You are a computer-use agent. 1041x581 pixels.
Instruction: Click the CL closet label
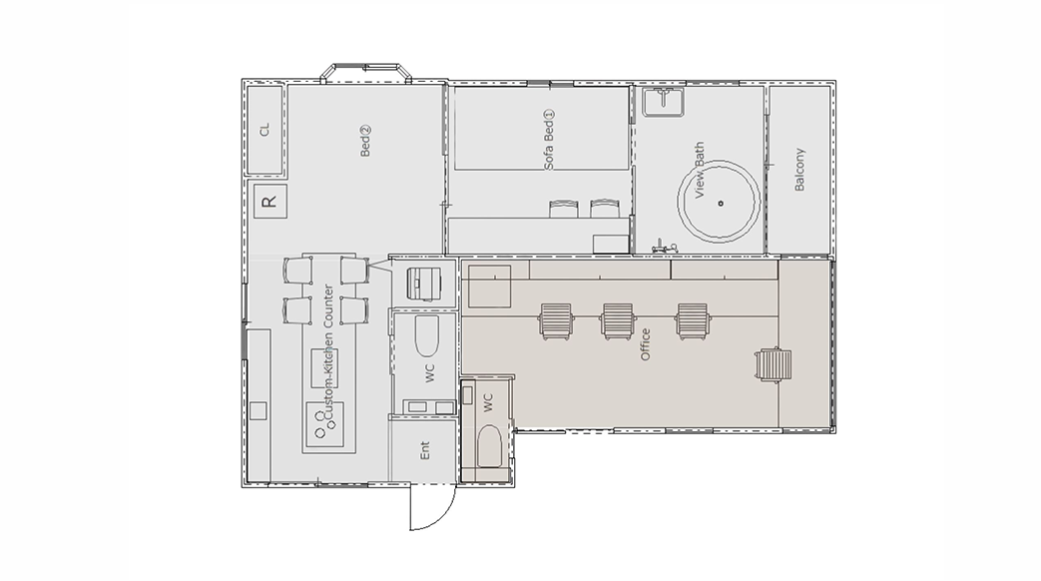pos(265,130)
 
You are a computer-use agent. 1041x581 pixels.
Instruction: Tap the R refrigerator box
pos(270,202)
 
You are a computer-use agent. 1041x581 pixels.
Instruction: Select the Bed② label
pos(365,142)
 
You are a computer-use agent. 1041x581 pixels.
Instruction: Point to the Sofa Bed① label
pos(549,140)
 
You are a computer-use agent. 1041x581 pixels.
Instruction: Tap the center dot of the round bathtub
pos(721,204)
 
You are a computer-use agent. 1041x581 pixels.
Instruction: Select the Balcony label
pos(799,170)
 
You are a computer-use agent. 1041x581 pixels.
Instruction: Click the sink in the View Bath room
pos(663,101)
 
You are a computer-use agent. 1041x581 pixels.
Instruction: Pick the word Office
pos(645,344)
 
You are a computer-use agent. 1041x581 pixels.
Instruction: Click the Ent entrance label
pos(425,450)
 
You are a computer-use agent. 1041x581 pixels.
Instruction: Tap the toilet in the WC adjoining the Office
pos(490,447)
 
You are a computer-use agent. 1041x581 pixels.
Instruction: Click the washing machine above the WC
pos(423,284)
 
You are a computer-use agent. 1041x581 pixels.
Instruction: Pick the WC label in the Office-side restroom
pos(488,402)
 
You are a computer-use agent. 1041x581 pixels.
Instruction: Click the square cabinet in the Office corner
pos(489,287)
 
